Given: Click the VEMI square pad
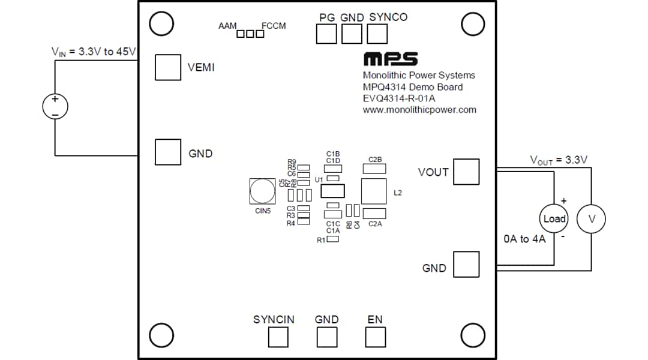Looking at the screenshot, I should (x=167, y=67).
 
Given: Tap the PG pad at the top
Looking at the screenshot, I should (x=326, y=34).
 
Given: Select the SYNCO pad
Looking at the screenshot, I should (x=377, y=34).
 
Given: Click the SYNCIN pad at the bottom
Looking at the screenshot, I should (x=277, y=337).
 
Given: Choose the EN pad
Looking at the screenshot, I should (x=375, y=337).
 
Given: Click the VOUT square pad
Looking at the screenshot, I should (x=466, y=172).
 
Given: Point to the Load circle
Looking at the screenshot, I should (x=554, y=219).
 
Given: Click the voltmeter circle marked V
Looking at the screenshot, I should (x=591, y=219).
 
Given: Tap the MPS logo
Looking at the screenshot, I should (x=390, y=59).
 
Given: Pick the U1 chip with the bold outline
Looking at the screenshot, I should (x=333, y=191).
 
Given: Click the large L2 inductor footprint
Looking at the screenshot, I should (x=374, y=191).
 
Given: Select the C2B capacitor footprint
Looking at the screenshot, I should (x=374, y=169).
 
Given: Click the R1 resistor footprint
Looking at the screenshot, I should (x=332, y=239).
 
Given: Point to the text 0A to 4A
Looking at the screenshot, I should (x=524, y=239).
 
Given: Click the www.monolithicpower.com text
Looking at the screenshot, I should (x=419, y=110).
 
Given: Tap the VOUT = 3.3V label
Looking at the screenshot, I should (x=558, y=160).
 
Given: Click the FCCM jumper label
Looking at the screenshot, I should (x=274, y=26).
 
